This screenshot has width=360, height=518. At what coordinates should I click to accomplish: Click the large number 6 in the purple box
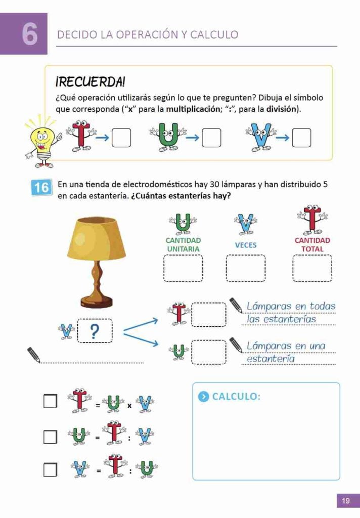click(x=30, y=34)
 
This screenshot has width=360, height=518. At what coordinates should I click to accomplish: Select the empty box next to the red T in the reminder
click(x=121, y=138)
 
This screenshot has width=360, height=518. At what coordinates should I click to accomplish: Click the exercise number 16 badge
click(x=41, y=188)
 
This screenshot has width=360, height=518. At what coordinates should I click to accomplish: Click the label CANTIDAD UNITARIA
click(x=183, y=245)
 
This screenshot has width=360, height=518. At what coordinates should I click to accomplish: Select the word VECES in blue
click(x=246, y=245)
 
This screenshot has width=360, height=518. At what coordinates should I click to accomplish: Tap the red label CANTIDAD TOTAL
click(x=312, y=245)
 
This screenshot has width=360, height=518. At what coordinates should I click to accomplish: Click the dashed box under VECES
click(x=246, y=269)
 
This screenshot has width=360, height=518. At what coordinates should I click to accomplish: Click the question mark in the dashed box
click(x=94, y=331)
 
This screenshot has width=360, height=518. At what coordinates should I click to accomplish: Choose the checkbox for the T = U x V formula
click(x=50, y=401)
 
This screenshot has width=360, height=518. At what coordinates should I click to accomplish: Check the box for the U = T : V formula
click(x=50, y=437)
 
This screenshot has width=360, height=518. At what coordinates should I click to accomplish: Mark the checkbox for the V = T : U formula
click(x=50, y=470)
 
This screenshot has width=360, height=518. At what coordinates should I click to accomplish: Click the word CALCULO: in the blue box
click(x=236, y=397)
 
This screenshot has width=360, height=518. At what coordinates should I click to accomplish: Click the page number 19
click(x=346, y=501)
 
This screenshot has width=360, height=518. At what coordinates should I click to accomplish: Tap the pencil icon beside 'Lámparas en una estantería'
click(x=236, y=345)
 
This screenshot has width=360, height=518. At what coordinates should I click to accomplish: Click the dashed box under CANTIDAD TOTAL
click(x=312, y=269)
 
